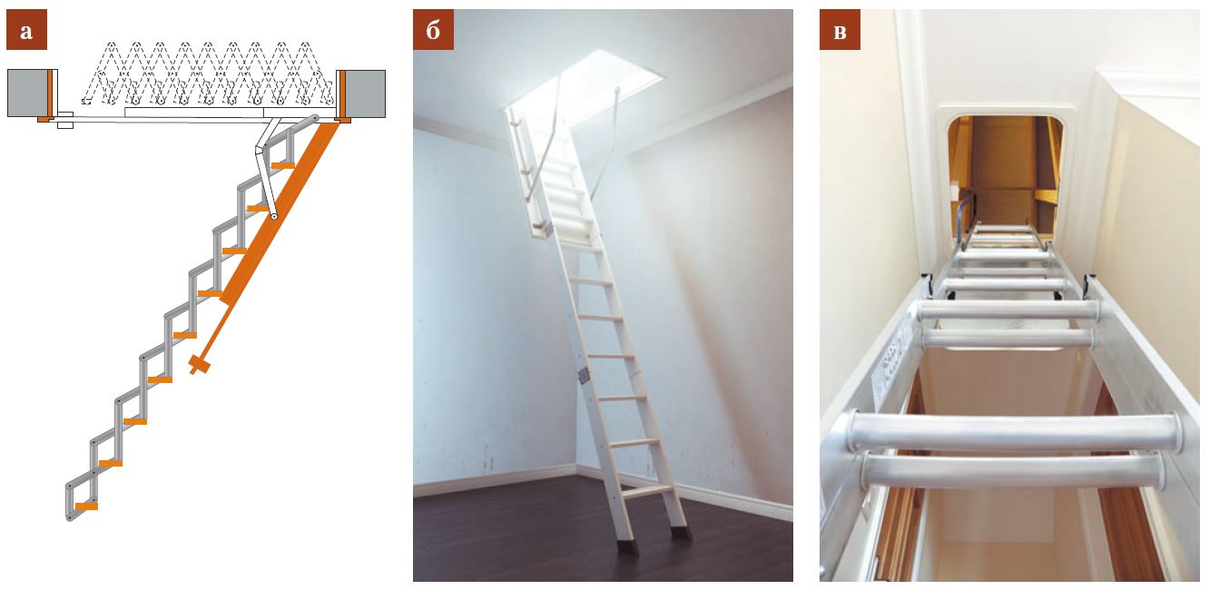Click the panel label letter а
coord(26,30)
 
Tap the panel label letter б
coord(433,30)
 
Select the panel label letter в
coord(840,30)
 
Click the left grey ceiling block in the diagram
coord(27,93)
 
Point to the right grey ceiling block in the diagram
coord(365,93)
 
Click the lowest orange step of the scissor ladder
coord(86,506)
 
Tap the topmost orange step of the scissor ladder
coord(282,165)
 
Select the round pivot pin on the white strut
coord(274,216)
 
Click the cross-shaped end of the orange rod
coord(199,365)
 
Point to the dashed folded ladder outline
coord(208,73)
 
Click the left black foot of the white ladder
coord(627,546)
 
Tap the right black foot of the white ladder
coord(681,532)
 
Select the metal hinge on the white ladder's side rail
coord(583,376)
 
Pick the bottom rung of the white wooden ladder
coord(647,492)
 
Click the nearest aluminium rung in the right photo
coord(1015,432)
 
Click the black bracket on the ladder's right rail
coord(1090,283)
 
